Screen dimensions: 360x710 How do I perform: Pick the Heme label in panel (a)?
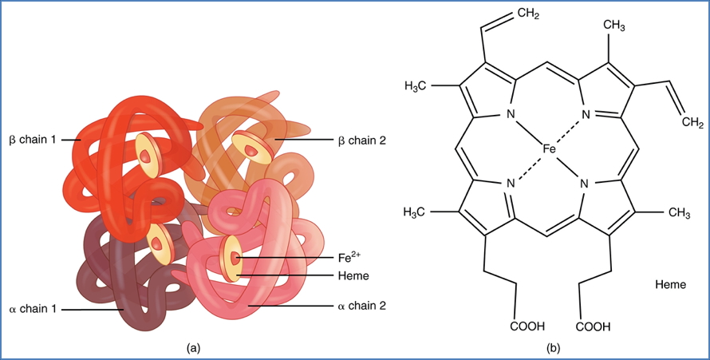pos(349,275)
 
